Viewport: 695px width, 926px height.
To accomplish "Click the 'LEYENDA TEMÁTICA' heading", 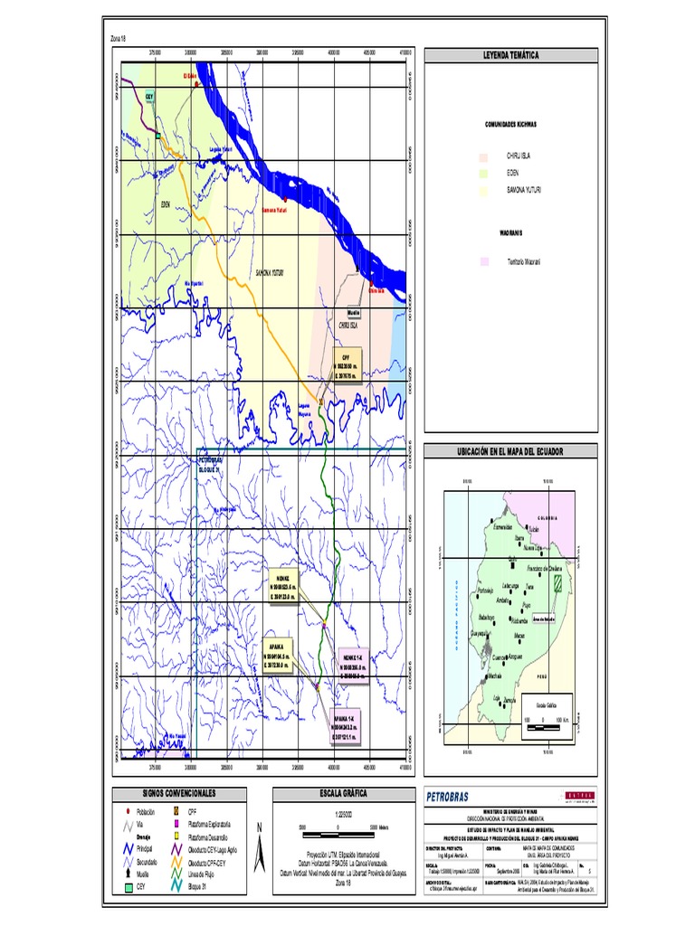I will [511, 55].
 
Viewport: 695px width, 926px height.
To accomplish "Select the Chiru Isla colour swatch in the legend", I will [484, 156].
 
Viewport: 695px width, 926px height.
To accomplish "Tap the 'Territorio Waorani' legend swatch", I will [484, 261].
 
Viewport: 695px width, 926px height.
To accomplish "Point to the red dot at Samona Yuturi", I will [283, 200].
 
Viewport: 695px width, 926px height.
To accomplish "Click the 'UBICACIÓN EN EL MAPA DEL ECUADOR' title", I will [511, 450].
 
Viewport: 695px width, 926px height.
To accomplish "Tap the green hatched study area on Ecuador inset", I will [560, 583].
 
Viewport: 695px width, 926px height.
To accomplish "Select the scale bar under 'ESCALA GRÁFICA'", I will [338, 827].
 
